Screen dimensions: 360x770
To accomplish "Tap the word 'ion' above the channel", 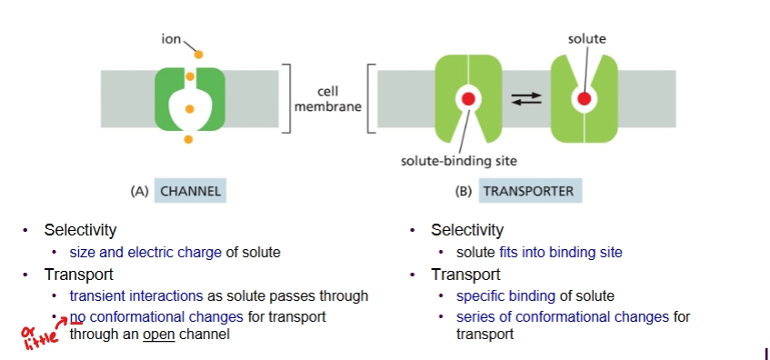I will [169, 39].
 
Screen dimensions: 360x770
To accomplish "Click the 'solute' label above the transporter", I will [586, 39].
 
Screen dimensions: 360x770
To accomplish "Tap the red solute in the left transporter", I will [469, 98].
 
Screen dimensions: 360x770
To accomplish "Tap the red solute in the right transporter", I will [585, 97].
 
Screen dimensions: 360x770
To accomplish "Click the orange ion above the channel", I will [189, 52].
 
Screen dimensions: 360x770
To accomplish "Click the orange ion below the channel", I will [189, 139].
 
